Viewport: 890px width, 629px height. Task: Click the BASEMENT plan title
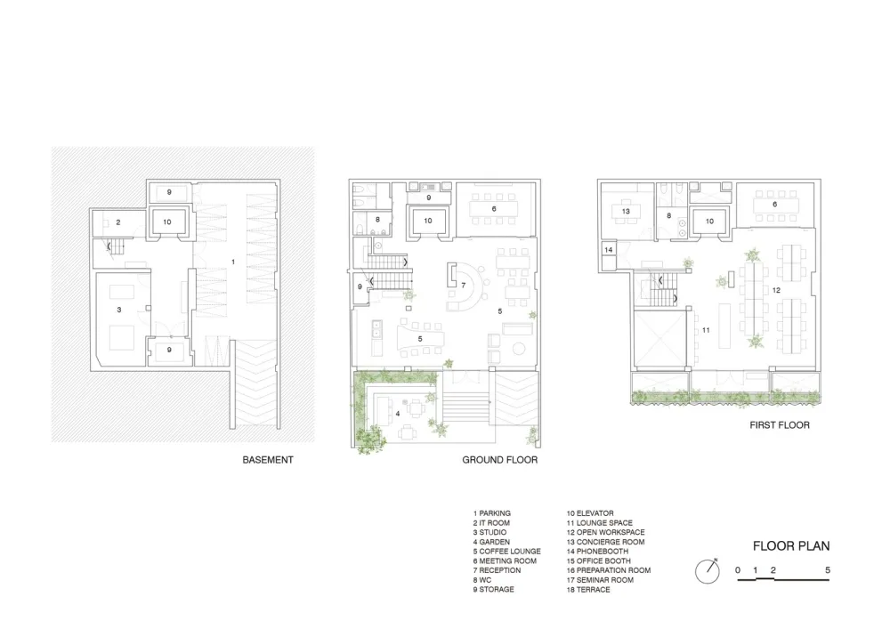[267, 461]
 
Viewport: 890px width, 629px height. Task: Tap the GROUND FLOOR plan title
[499, 461]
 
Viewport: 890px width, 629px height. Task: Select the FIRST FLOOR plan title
[779, 425]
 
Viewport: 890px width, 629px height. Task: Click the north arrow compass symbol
[708, 569]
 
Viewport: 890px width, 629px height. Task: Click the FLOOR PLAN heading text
[790, 546]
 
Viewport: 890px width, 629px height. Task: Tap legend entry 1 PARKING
[491, 513]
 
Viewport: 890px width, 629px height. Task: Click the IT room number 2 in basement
[118, 222]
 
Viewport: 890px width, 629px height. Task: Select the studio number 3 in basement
[118, 310]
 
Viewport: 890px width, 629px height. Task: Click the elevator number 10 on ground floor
[427, 220]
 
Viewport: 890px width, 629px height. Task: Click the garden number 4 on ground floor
[398, 413]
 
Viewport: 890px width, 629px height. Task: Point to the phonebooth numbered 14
[609, 251]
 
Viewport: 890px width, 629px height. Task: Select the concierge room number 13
[627, 211]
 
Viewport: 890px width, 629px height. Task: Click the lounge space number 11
[706, 329]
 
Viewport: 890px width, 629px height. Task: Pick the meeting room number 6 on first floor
[774, 205]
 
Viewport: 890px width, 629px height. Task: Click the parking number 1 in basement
[233, 262]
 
